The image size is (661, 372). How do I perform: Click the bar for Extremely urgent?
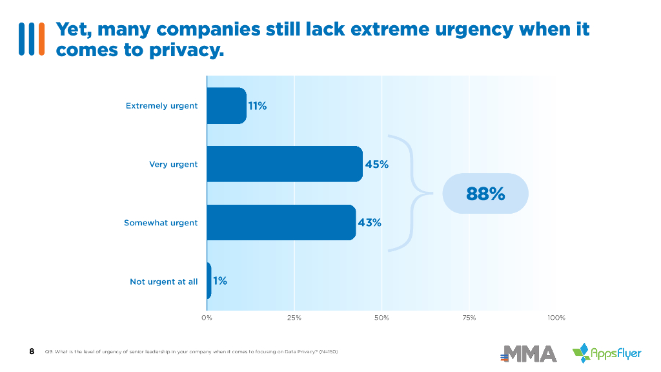[x=226, y=106]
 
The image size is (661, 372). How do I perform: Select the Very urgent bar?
[x=284, y=164]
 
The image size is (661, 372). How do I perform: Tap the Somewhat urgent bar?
[x=281, y=223]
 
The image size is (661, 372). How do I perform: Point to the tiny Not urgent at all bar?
[x=208, y=281]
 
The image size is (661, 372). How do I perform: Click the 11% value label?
[x=257, y=106]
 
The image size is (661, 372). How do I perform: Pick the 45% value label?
[x=377, y=164]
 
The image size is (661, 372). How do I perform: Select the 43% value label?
[x=369, y=223]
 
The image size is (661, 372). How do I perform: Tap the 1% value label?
[x=220, y=281]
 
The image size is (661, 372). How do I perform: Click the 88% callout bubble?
[x=485, y=193]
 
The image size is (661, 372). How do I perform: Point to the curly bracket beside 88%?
[x=407, y=192]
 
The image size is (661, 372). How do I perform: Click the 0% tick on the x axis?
[x=207, y=318]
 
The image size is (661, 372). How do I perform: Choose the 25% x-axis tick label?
[x=294, y=318]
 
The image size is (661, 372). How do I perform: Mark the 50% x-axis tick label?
[x=381, y=318]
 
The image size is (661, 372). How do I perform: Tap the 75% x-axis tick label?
[x=469, y=318]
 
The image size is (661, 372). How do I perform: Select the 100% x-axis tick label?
[x=556, y=318]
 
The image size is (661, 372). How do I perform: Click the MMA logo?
[x=529, y=353]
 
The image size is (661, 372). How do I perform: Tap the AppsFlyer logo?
[x=607, y=353]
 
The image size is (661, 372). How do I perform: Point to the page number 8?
[x=32, y=351]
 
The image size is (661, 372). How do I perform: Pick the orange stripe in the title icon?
[x=41, y=39]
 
